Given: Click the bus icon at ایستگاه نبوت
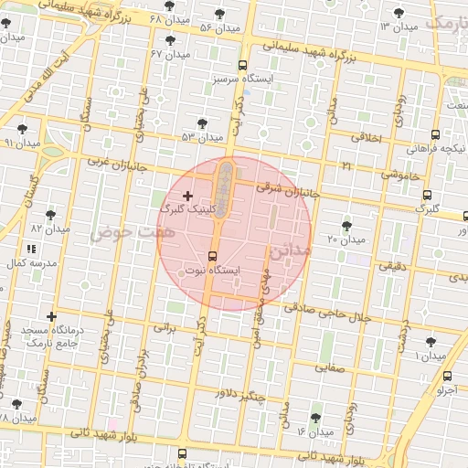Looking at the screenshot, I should pos(213,256).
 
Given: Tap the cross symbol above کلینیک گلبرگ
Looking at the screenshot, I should pos(188,196).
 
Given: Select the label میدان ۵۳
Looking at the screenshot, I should pos(202,137).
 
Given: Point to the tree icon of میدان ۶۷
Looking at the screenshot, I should pos(170,40).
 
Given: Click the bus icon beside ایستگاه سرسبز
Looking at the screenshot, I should pos(242,65).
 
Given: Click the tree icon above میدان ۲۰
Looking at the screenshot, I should pos(346,225).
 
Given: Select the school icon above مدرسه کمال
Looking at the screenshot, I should pos(32,248).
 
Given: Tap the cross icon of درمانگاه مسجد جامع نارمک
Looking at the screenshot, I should pos(51,316).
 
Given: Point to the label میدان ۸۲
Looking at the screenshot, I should pos(49,228).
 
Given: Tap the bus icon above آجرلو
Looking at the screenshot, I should pos(446,376).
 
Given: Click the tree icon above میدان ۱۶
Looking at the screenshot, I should pos(315,417).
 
